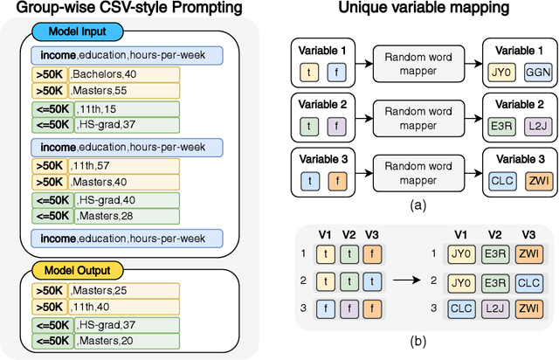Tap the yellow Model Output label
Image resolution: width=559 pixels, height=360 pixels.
coord(69,271)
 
